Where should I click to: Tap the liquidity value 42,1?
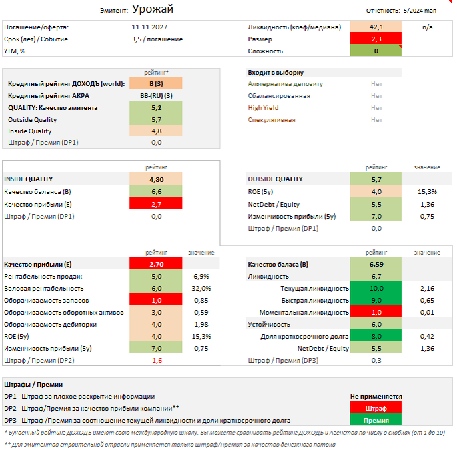coord(376,27)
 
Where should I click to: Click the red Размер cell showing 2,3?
coord(376,39)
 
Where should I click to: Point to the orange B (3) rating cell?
coord(156,83)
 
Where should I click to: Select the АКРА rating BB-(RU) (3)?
coord(156,95)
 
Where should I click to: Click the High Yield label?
coord(263,107)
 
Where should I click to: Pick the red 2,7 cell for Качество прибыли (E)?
coord(156,203)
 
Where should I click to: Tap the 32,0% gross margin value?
coord(201,288)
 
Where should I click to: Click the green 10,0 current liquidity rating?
coord(376,288)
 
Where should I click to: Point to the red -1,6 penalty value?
coord(156,360)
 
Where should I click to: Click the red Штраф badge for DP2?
coord(376,408)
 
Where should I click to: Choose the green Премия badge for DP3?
coord(376,420)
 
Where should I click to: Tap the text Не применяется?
coord(376,396)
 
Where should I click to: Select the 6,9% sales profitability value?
coord(201,276)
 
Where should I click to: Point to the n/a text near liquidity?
coord(428,27)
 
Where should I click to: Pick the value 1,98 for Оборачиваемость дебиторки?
coord(201,324)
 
